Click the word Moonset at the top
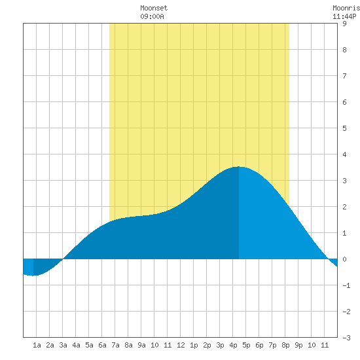click(x=154, y=8)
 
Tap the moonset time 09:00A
click(x=152, y=16)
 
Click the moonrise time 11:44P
click(x=344, y=16)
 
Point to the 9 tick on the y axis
click(x=344, y=24)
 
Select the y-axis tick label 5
click(x=344, y=128)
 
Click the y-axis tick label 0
click(x=344, y=259)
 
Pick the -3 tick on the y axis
click(x=346, y=338)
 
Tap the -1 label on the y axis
click(x=346, y=285)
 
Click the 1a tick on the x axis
click(x=37, y=345)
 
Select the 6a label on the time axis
click(x=102, y=345)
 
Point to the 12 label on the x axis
click(x=181, y=345)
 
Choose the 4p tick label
click(x=233, y=345)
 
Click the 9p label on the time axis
click(x=298, y=345)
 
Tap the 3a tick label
click(x=63, y=345)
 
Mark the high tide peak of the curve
click(x=239, y=167)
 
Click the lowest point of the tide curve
click(x=33, y=276)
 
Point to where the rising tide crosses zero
click(x=63, y=259)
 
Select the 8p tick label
click(x=285, y=345)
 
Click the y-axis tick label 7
click(x=344, y=76)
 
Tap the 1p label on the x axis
click(x=194, y=345)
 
